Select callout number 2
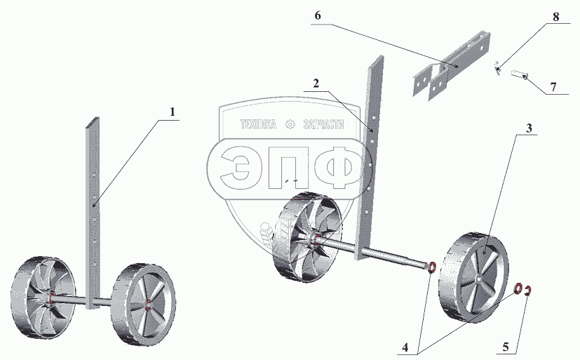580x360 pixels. tap(316, 83)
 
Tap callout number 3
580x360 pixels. tap(529, 127)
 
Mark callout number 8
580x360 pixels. tap(555, 17)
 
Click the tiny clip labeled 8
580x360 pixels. tap(497, 67)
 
